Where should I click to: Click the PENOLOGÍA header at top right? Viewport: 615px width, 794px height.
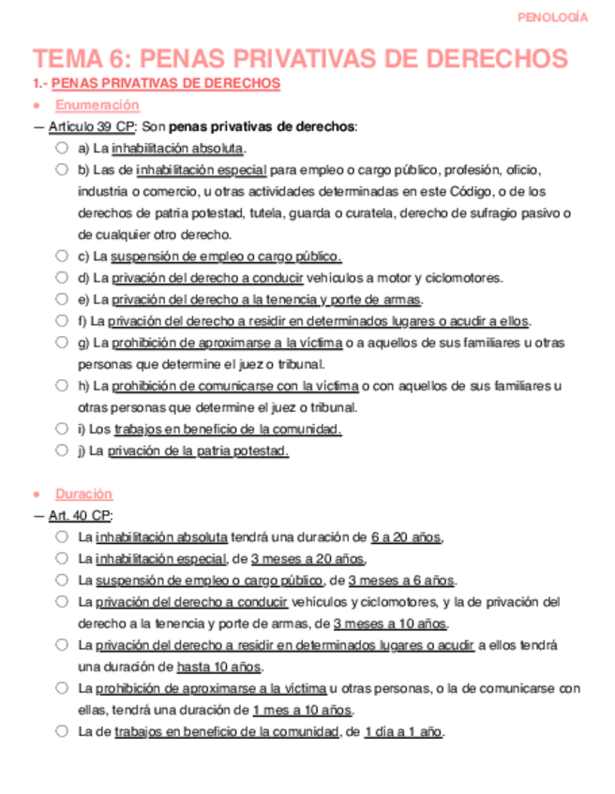coord(553,17)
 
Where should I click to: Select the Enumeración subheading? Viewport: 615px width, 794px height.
coord(97,105)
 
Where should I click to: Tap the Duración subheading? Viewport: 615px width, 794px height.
coord(83,493)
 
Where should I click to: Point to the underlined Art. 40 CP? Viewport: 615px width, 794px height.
coord(80,516)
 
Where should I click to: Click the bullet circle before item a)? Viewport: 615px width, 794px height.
coord(61,148)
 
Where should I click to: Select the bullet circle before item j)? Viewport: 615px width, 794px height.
coord(61,450)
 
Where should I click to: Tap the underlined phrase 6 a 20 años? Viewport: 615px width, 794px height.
coord(406,537)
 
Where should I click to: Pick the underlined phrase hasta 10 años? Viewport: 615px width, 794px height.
coord(219,667)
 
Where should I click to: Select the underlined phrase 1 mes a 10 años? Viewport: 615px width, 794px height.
coord(302,710)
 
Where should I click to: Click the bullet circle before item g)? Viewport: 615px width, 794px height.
coord(61,343)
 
